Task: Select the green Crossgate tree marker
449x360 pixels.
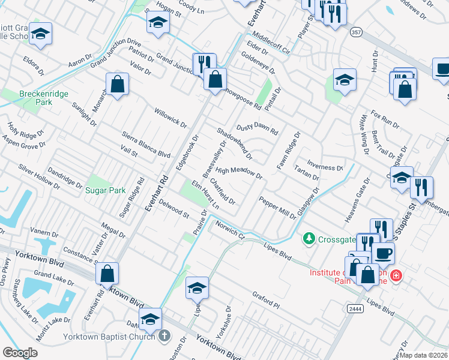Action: (x=309, y=239)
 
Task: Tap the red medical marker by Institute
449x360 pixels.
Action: (x=396, y=275)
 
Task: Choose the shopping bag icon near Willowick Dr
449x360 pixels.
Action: (x=118, y=85)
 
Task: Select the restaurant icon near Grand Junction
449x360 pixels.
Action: (x=204, y=62)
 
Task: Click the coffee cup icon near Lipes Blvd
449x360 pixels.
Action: (x=384, y=252)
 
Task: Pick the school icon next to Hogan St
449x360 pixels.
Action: (x=158, y=23)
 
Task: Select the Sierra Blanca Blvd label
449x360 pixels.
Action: (x=146, y=145)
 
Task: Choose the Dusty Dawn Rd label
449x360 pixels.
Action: (x=257, y=129)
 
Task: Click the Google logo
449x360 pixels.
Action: (x=20, y=353)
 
